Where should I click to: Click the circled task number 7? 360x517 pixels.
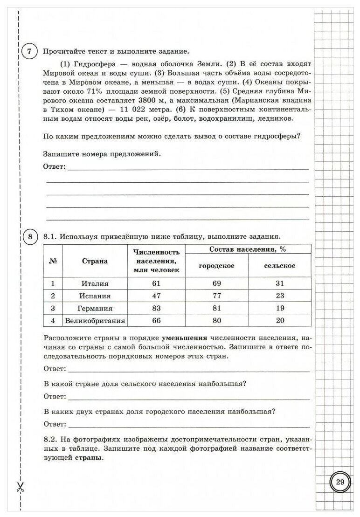tap(29, 52)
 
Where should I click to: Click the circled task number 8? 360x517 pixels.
tap(29, 237)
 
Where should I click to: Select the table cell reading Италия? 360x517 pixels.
tap(95, 283)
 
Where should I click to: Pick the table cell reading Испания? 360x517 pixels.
tap(95, 296)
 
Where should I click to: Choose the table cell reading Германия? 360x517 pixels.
tap(95, 309)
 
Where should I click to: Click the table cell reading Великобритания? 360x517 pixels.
tap(95, 321)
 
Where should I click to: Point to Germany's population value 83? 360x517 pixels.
tap(156, 309)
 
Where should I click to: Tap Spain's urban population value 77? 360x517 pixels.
tap(216, 296)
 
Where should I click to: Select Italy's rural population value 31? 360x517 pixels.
tap(279, 283)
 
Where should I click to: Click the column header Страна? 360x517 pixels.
tap(95, 261)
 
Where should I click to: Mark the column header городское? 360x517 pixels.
tap(216, 266)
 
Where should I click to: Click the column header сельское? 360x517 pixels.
tap(279, 266)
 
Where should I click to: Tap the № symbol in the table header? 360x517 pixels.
tap(53, 261)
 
